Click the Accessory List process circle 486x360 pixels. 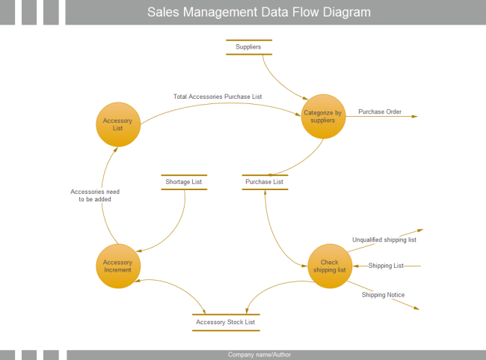point(118,124)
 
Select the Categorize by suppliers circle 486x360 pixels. point(323,117)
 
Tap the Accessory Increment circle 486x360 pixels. point(117,266)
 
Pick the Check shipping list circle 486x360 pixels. point(330,266)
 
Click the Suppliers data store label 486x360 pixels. point(248,47)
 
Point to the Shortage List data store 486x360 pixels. point(183,182)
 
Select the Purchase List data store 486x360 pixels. point(265,182)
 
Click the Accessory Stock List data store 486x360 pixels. point(226,323)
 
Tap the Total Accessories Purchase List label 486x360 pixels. point(218,97)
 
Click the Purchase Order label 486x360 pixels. point(380,112)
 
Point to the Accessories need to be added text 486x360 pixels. point(95,195)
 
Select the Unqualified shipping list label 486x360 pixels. point(384,240)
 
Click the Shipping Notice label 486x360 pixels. point(383,295)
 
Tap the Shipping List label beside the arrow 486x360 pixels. point(386,266)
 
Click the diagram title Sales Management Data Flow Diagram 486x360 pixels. point(259,13)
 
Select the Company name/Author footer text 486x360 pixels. point(259,355)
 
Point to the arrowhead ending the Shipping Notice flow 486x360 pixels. point(416,308)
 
